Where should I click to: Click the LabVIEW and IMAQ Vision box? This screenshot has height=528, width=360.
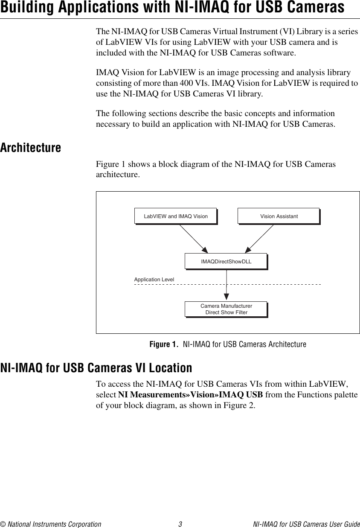(x=176, y=216)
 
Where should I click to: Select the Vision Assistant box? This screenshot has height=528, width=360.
(x=279, y=216)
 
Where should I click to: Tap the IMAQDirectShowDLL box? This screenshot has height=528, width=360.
(x=226, y=261)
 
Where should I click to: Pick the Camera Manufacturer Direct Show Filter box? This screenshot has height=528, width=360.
(x=226, y=309)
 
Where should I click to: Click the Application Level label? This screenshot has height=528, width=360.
(x=154, y=280)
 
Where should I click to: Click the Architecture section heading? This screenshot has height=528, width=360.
(x=31, y=148)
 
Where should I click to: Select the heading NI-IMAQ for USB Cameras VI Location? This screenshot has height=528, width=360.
(x=96, y=368)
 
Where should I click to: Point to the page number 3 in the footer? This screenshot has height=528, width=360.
(x=180, y=524)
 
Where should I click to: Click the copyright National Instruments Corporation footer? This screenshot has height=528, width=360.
(x=51, y=524)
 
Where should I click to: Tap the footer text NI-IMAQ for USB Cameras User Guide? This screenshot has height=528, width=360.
(x=306, y=524)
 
